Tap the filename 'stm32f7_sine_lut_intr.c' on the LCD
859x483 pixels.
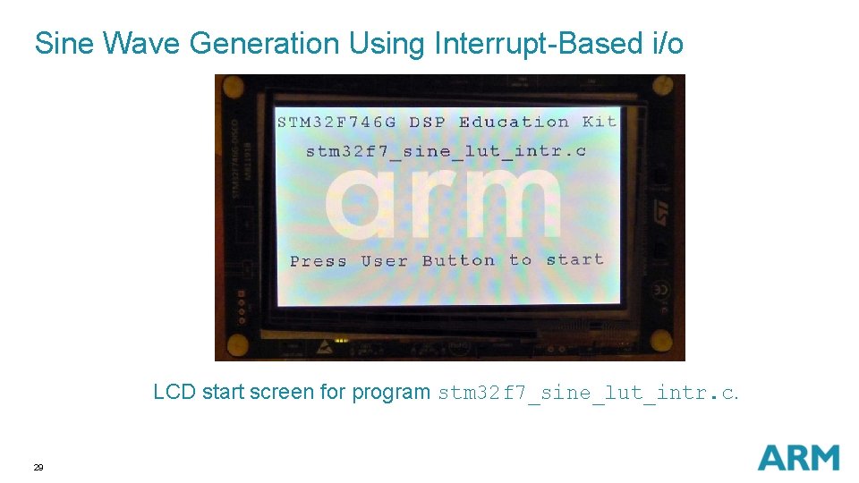tap(446, 151)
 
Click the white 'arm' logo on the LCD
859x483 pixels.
tap(444, 203)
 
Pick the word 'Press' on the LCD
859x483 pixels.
tap(318, 261)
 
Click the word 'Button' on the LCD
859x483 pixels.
tap(458, 260)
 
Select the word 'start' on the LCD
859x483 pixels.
tap(574, 259)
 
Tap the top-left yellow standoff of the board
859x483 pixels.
tap(233, 87)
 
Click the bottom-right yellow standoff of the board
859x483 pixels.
tap(660, 341)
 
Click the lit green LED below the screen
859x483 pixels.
tap(340, 340)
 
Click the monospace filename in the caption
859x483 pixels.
tap(587, 393)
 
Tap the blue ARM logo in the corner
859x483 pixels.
tap(798, 457)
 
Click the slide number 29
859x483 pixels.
tap(38, 467)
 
